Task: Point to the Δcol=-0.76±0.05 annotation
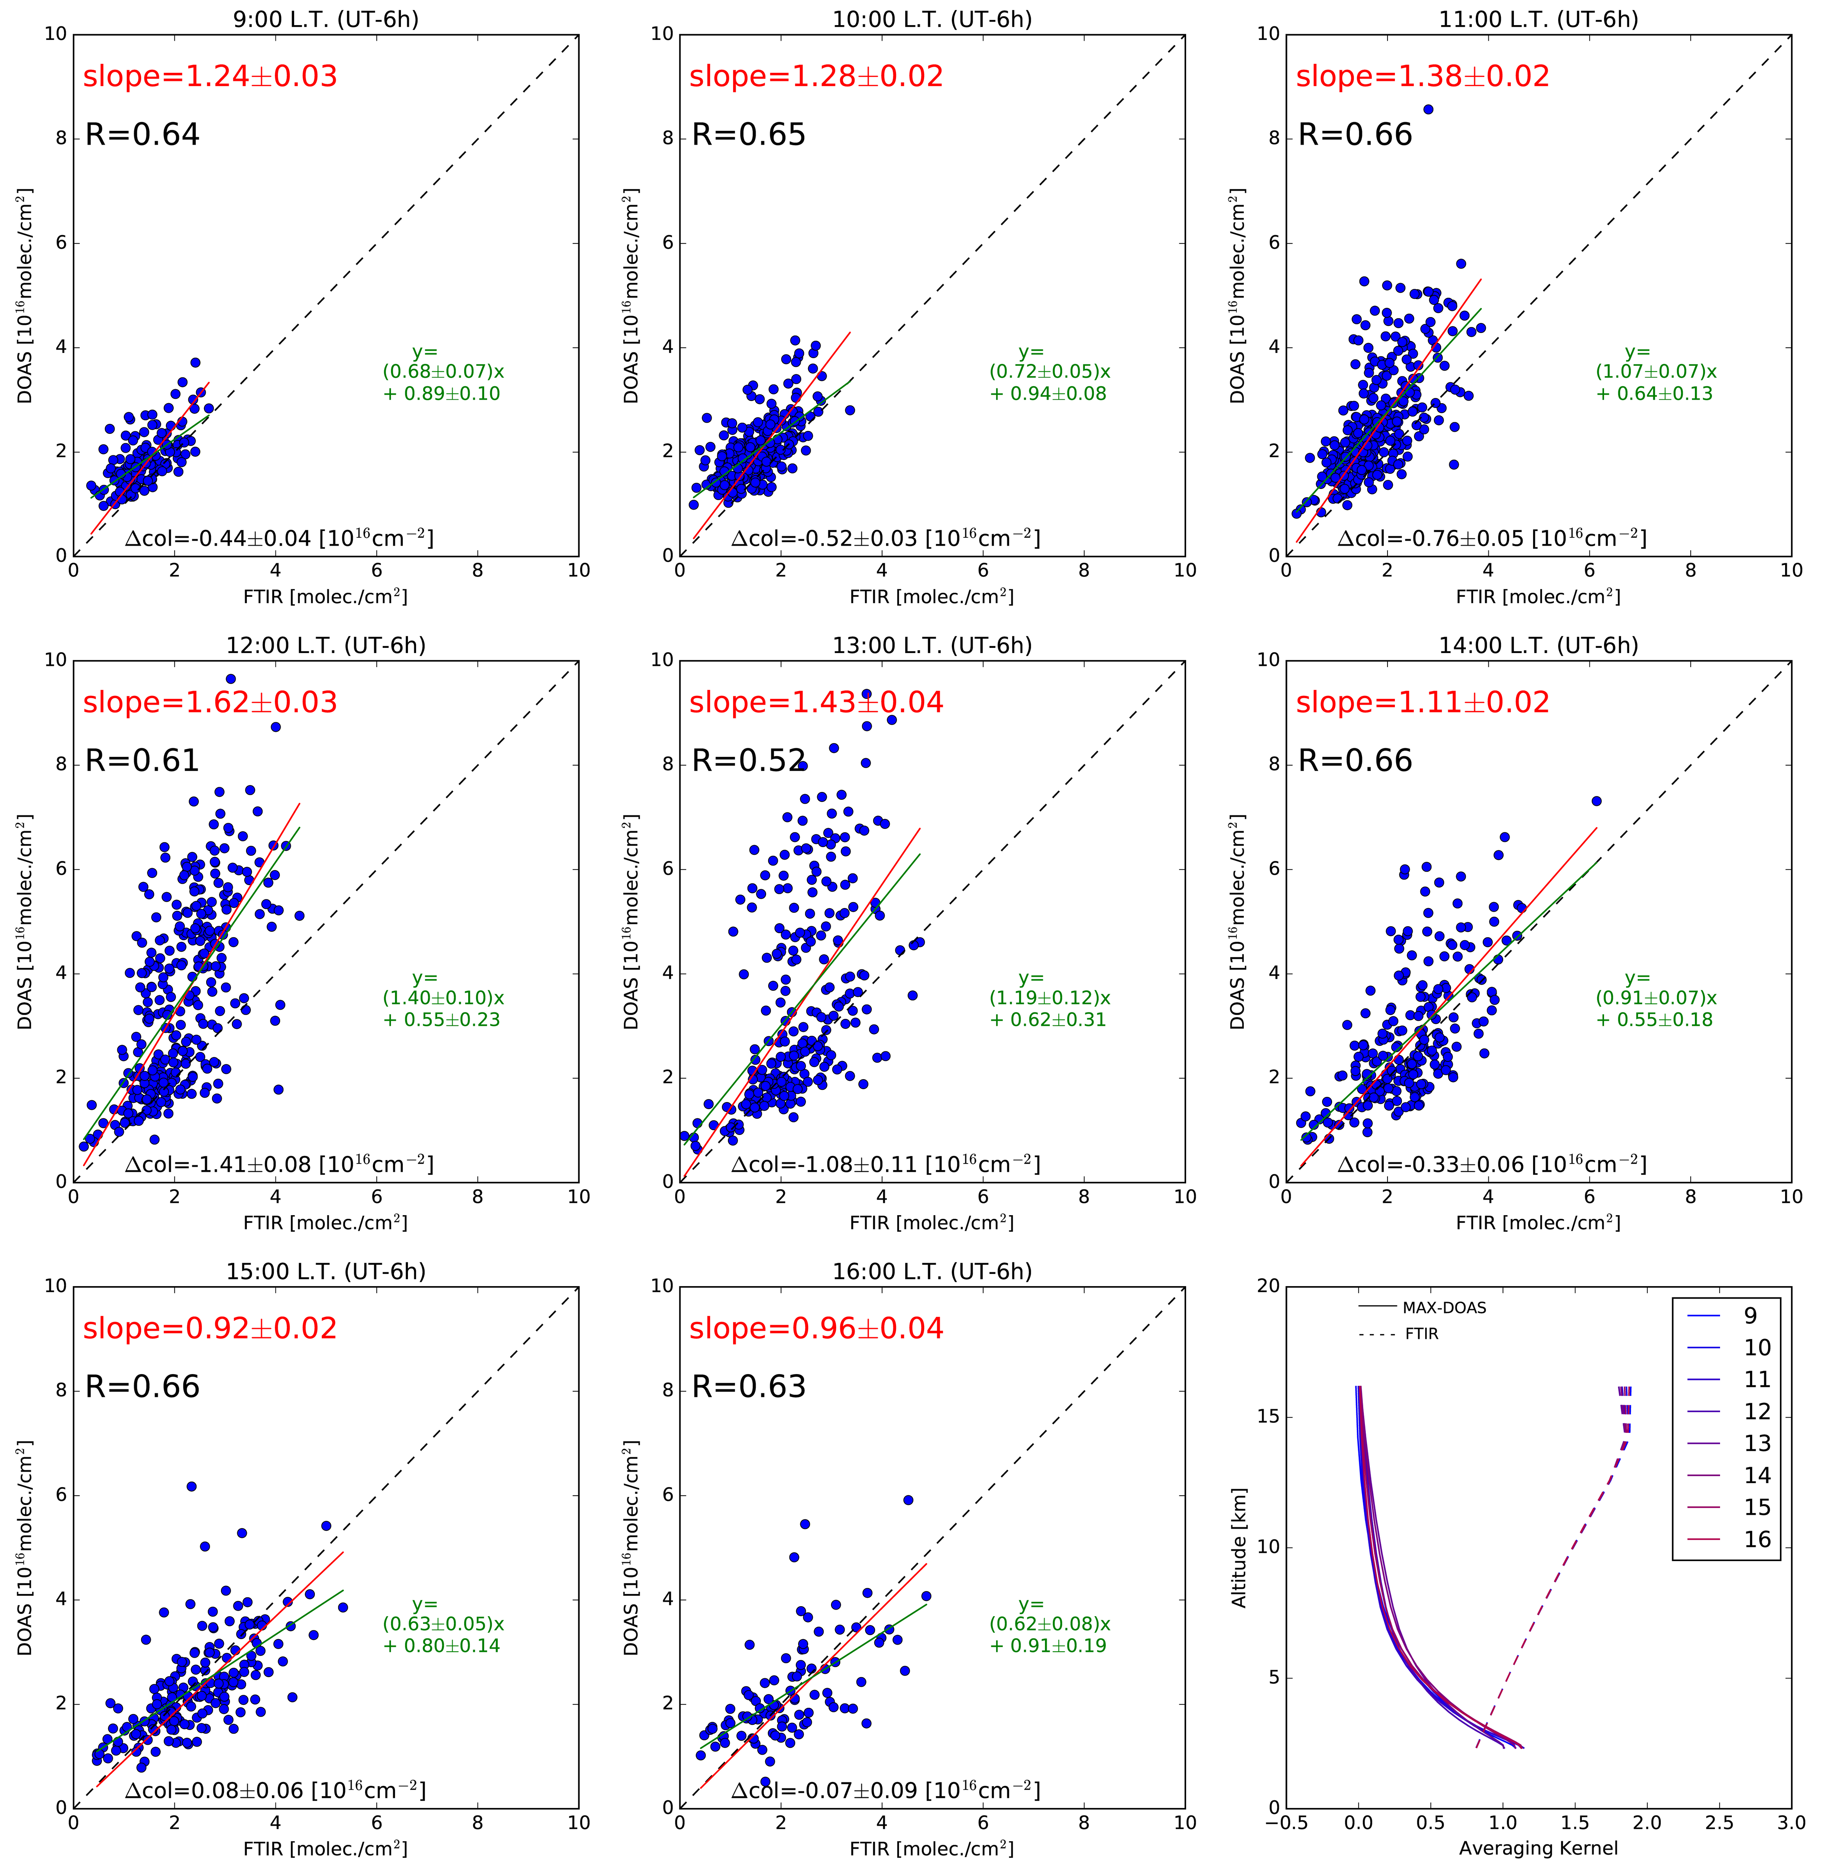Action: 1491,539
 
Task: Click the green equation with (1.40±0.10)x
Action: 443,998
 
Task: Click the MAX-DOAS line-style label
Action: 1444,1307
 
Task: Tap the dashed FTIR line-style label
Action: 1421,1333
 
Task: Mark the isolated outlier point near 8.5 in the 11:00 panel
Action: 1428,110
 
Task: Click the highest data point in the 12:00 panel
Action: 230,679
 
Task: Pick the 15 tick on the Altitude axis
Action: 1268,1416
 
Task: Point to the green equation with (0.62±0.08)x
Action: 1049,1624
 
